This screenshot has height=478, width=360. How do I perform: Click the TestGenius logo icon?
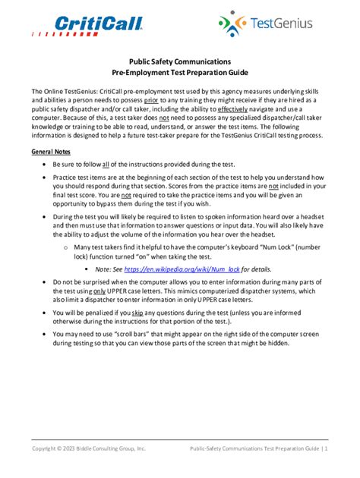coord(230,24)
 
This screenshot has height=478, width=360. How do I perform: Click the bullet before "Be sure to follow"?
coord(45,165)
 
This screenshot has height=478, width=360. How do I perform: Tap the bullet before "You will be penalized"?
coord(45,312)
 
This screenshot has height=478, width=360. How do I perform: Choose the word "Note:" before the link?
coord(105,269)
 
